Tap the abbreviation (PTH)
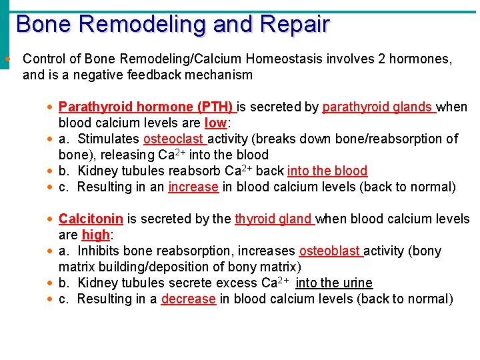(x=215, y=107)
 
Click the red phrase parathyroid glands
(x=378, y=107)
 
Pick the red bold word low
(x=215, y=123)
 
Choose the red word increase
(x=193, y=187)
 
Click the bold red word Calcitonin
(x=91, y=219)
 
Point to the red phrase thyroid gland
(x=273, y=219)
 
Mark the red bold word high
(x=95, y=235)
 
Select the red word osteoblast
(x=329, y=251)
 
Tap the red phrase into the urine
(x=334, y=283)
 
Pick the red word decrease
(x=188, y=299)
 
